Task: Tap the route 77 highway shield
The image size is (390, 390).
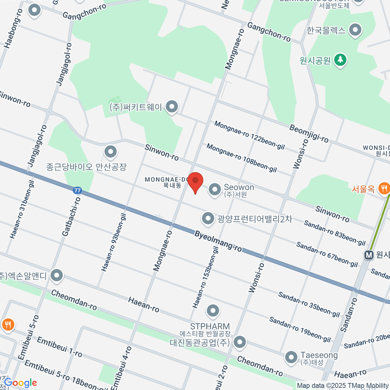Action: point(77,190)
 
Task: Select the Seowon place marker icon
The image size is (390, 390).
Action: point(214,189)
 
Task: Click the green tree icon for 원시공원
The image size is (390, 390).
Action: point(340,60)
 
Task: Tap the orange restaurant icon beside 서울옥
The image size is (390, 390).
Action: point(384,188)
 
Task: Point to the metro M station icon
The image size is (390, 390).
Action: point(369,255)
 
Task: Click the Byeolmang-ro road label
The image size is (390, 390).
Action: point(218,241)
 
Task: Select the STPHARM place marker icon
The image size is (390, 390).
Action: point(213,311)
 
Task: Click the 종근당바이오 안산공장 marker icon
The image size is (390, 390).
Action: point(110,152)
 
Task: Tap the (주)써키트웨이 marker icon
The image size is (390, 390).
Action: point(172,107)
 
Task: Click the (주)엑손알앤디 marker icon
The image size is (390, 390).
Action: point(57,276)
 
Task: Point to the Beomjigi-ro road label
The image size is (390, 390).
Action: point(309,133)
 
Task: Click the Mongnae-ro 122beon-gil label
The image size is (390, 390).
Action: point(249,135)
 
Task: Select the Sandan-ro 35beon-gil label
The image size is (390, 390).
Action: point(309,305)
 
